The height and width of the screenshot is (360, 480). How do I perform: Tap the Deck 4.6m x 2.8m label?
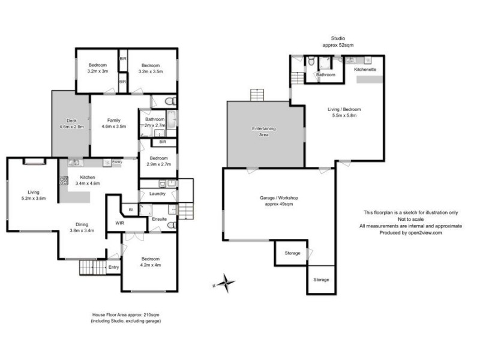[71, 123]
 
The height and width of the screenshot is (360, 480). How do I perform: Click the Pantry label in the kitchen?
[117, 162]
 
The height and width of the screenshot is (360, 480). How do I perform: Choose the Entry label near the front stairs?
[113, 267]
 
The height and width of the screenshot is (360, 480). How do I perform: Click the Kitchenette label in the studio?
[365, 70]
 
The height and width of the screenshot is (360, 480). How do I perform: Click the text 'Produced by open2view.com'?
[410, 233]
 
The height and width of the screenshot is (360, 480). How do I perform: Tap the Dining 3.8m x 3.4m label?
[81, 227]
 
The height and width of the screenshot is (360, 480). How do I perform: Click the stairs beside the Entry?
[92, 267]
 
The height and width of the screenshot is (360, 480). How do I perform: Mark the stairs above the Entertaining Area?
[257, 95]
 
